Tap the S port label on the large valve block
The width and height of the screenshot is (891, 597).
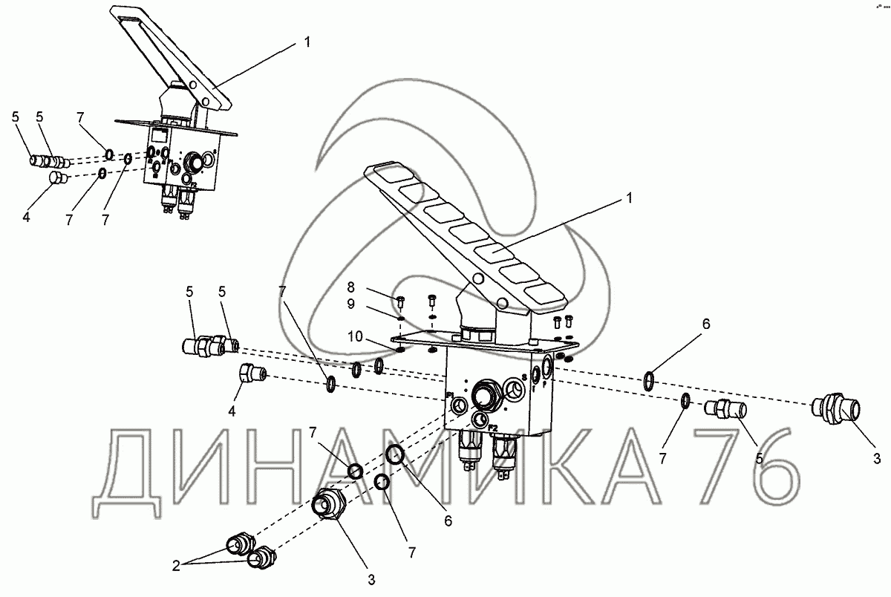coord(523,379)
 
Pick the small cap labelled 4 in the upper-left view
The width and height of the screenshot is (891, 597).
coord(56,178)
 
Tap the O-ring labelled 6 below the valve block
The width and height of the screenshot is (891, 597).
coord(394,455)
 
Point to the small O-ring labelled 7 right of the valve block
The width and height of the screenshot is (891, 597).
coord(686,402)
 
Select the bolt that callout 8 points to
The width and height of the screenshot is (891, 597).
coord(400,301)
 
